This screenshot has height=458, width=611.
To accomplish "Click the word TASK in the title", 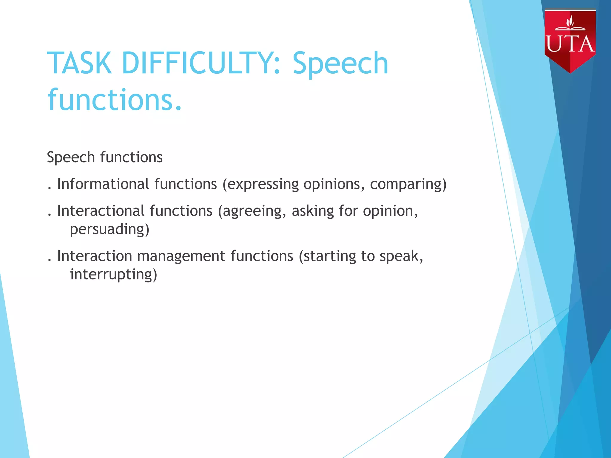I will pyautogui.click(x=79, y=63).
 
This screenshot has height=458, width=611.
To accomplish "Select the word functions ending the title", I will pyautogui.click(x=115, y=100).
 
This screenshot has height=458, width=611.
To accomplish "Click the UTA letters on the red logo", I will pyautogui.click(x=570, y=44).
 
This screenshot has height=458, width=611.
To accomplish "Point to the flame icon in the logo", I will pyautogui.click(x=570, y=21).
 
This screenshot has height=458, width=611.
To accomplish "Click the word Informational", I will pyautogui.click(x=103, y=184).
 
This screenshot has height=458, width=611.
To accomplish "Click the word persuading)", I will pyautogui.click(x=109, y=230).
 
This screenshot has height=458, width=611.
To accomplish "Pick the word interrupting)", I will pyautogui.click(x=113, y=275).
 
